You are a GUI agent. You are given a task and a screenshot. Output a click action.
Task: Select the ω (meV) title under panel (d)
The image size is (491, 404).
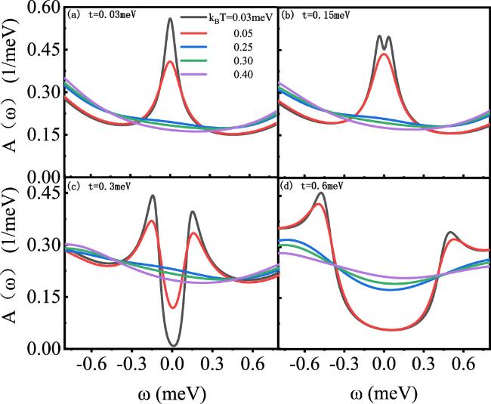[384, 392]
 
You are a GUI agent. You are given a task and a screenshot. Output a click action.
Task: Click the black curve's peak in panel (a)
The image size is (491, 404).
[171, 18]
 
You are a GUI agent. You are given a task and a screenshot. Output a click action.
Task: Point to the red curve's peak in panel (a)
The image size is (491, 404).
[171, 62]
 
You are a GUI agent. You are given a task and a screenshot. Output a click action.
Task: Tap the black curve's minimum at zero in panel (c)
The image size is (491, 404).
[172, 345]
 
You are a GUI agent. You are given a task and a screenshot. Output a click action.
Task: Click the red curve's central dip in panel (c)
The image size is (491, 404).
[172, 307]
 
